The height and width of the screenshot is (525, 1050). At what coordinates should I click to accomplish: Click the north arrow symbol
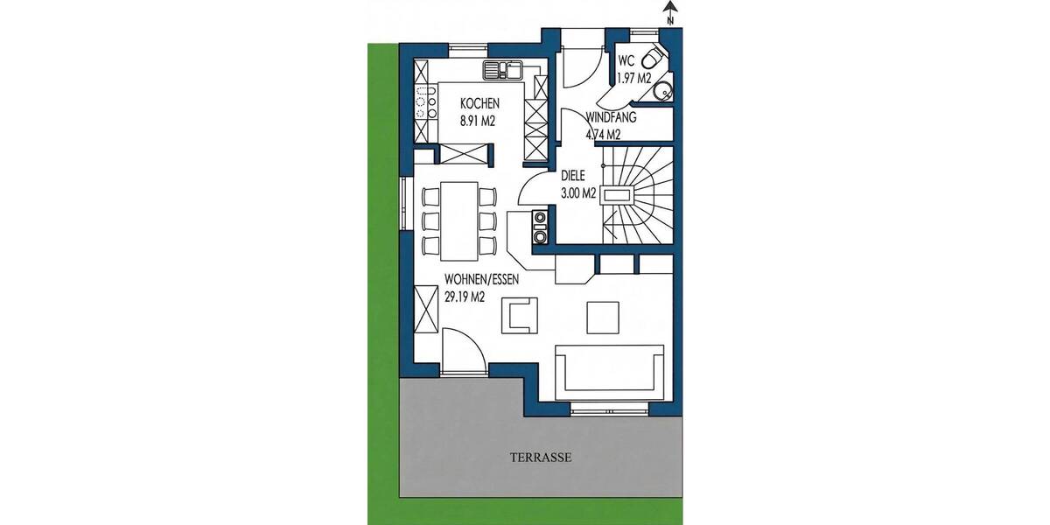pyautogui.click(x=669, y=11)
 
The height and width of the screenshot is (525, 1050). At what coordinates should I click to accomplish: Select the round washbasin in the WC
pyautogui.click(x=664, y=88)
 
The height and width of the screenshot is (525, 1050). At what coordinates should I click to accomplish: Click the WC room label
pyautogui.click(x=626, y=61)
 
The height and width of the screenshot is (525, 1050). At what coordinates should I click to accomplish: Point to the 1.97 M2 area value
pyautogui.click(x=634, y=78)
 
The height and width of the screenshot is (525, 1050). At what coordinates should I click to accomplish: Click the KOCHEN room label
pyautogui.click(x=479, y=104)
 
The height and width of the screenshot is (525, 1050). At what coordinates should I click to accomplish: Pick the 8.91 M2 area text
pyautogui.click(x=478, y=122)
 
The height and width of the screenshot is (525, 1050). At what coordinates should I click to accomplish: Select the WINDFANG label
pyautogui.click(x=611, y=117)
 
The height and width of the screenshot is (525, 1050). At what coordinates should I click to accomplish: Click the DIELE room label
pyautogui.click(x=572, y=176)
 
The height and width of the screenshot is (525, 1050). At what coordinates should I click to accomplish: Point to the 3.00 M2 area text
pyautogui.click(x=577, y=193)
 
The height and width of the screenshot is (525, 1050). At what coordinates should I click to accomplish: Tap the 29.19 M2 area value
pyautogui.click(x=465, y=297)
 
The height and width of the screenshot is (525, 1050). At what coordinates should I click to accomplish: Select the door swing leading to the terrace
pyautogui.click(x=462, y=348)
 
